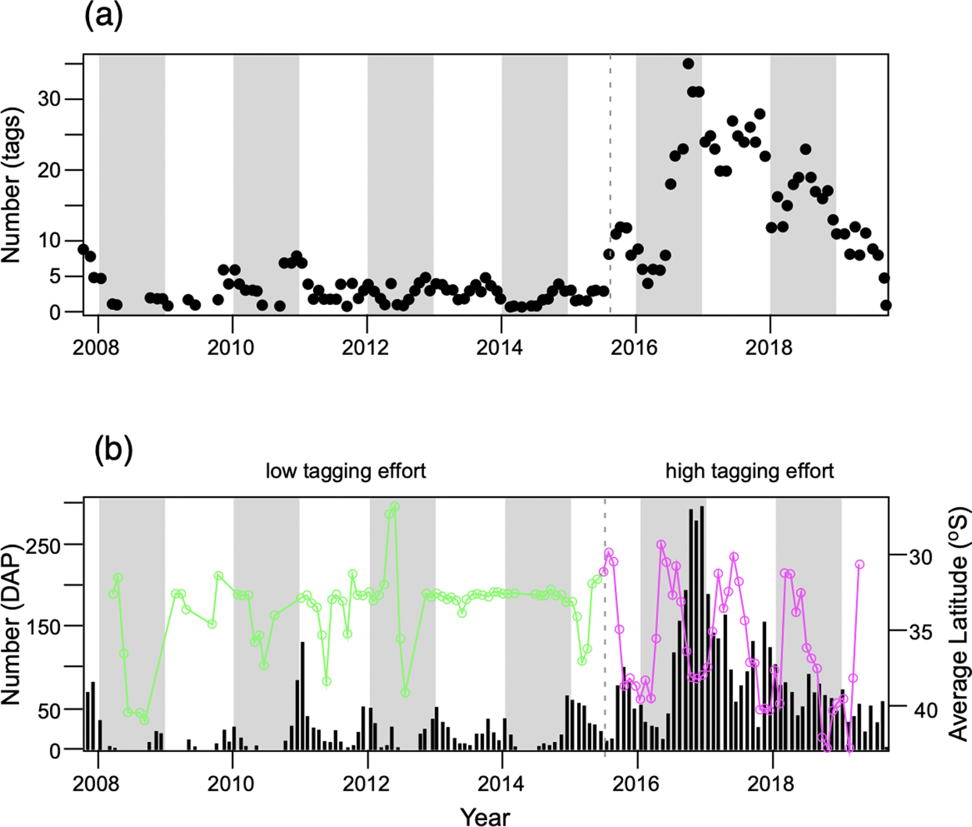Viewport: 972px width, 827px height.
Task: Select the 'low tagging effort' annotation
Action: (346, 471)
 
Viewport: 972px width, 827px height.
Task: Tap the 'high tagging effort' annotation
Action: (749, 471)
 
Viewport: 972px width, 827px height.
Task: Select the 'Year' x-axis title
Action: (485, 816)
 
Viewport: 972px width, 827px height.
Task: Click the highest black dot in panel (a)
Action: (688, 64)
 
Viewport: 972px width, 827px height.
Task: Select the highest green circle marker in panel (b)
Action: (395, 506)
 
